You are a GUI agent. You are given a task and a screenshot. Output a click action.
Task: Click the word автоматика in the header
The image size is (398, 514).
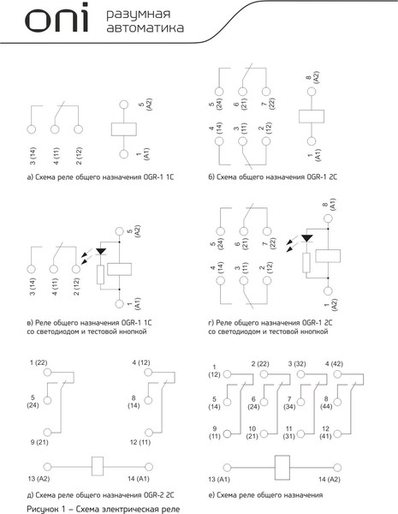(146, 27)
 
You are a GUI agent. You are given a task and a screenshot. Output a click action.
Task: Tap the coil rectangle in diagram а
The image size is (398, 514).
(124, 129)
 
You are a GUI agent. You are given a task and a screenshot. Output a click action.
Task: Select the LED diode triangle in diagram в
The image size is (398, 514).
(101, 252)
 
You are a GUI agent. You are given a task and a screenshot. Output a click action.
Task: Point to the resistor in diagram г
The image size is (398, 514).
(306, 263)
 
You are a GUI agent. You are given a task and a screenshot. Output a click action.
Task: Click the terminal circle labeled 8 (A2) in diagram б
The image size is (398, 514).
(312, 92)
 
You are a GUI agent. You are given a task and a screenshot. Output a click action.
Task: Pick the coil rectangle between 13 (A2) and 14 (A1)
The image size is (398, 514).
(98, 466)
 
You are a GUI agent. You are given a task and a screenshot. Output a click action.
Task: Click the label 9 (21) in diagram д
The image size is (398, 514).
(39, 442)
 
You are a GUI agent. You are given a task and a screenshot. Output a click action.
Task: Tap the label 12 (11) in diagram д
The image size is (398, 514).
(140, 442)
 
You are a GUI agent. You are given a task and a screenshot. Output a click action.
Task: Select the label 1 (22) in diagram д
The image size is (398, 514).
(39, 362)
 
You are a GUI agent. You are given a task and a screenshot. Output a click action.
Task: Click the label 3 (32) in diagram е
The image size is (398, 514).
(297, 364)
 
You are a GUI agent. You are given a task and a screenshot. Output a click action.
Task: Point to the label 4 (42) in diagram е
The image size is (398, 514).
(334, 364)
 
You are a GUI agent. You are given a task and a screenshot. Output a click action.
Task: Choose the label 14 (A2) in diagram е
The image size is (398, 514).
(330, 479)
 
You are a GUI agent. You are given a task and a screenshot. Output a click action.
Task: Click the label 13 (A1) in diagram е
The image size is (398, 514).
(219, 479)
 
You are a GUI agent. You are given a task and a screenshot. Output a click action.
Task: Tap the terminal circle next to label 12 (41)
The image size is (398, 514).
(337, 434)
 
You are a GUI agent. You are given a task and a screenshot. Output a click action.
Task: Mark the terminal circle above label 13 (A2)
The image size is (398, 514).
(47, 467)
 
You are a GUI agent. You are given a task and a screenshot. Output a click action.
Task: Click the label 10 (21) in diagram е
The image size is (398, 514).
(252, 433)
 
